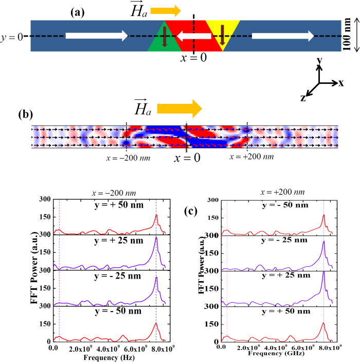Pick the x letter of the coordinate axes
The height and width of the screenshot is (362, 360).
340,82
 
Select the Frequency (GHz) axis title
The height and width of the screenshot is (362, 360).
274,354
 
